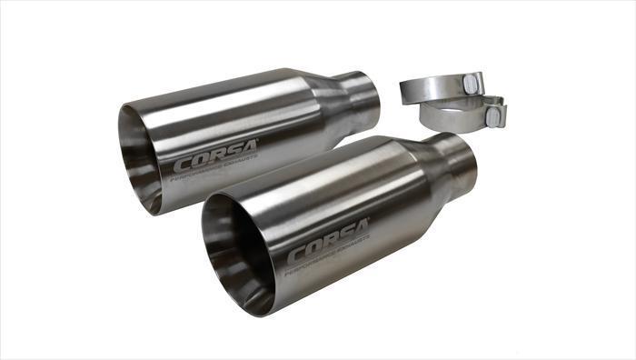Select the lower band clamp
pos(454,116)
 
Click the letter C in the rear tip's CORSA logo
pos(181,167)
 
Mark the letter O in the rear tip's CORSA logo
pos(197,162)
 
